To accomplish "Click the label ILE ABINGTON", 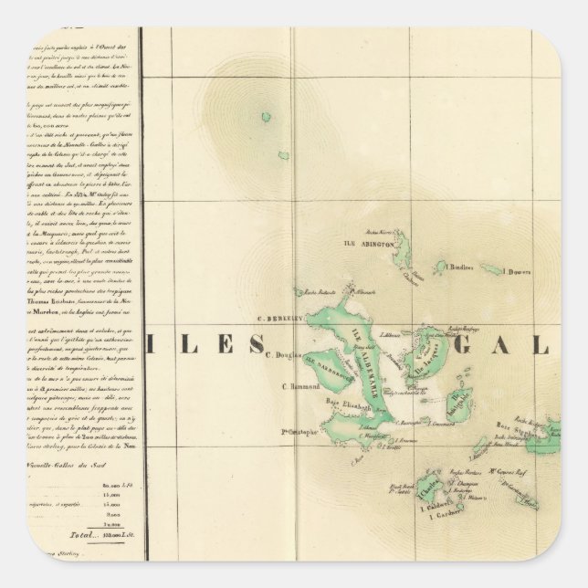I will tap(369, 245).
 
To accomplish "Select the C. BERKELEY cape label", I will tap(279, 320).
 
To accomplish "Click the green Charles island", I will tap(426, 485).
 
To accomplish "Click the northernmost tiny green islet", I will tap(266, 117).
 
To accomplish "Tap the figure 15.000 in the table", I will tap(111, 502).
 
